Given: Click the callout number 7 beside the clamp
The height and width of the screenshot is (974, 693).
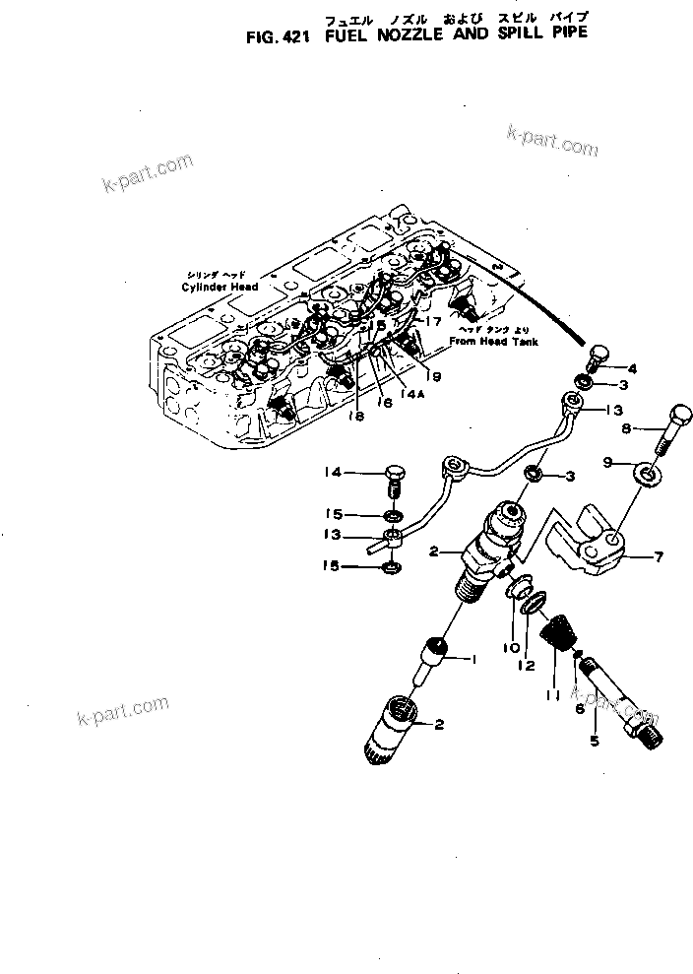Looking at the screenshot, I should point(659,556).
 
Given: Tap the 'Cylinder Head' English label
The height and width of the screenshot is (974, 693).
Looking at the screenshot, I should point(219,287).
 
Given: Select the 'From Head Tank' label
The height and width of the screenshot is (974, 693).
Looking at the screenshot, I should point(489,341).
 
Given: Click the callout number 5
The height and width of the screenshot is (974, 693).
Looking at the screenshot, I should point(594,741).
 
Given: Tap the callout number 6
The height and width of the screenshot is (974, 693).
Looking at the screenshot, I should point(580,708).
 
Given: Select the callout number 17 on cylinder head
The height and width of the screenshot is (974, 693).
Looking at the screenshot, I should point(433,321).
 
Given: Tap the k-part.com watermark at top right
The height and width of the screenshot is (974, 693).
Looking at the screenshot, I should point(551,141).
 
